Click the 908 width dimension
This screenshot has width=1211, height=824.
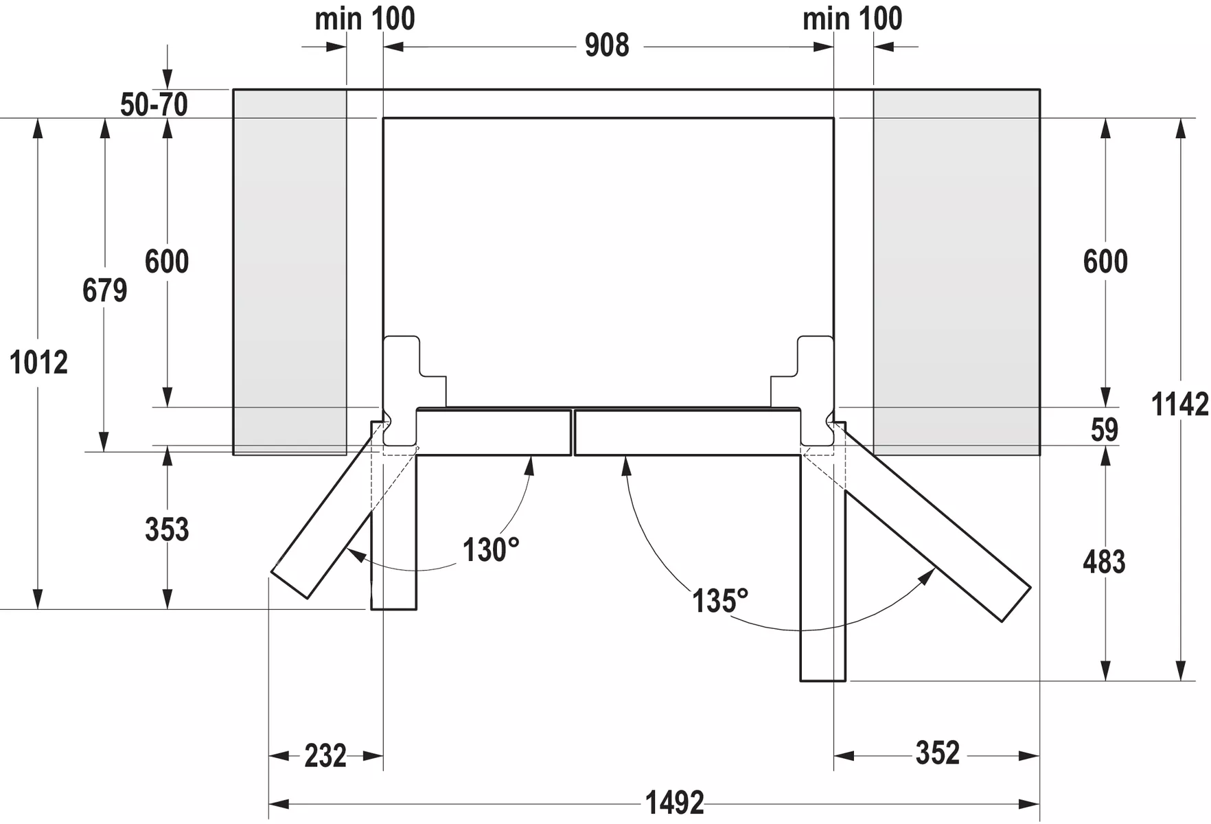click(607, 45)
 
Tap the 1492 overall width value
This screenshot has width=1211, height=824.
click(674, 803)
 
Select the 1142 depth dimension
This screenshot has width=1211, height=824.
click(1179, 404)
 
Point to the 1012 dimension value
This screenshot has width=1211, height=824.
click(38, 363)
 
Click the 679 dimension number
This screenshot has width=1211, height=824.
click(105, 290)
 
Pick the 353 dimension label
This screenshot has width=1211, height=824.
click(167, 530)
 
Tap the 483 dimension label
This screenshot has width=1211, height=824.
click(1104, 562)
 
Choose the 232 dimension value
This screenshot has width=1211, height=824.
click(325, 756)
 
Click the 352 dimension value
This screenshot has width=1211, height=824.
click(938, 753)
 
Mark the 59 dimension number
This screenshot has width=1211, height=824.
click(1105, 430)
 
